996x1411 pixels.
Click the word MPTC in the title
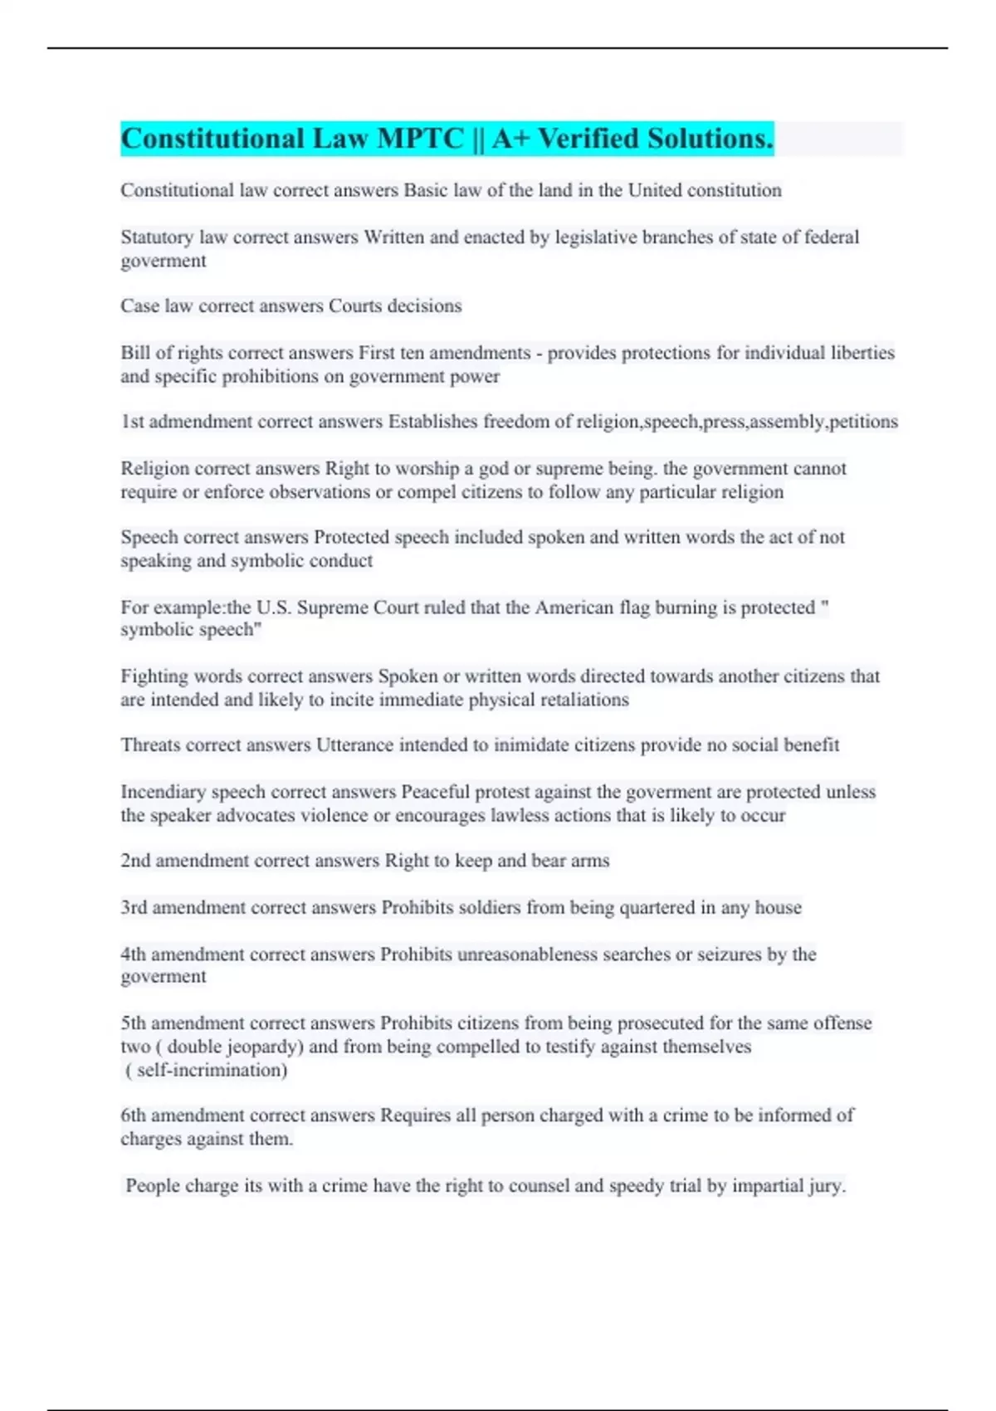click(x=420, y=139)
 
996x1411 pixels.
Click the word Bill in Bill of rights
click(x=135, y=353)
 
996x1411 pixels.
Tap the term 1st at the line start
click(x=132, y=422)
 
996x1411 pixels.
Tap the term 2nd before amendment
click(x=135, y=861)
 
